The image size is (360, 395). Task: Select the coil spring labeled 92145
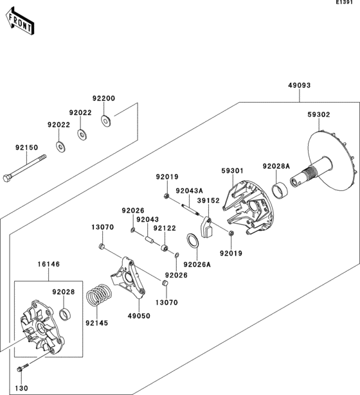[x=98, y=295]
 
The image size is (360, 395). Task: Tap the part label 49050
[x=138, y=316]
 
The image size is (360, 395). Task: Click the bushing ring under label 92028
[x=65, y=314]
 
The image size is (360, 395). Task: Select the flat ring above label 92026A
[x=192, y=241]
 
